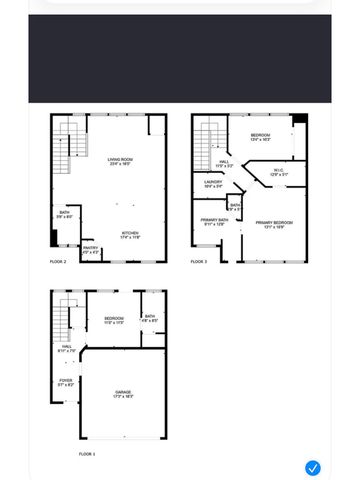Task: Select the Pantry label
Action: coord(91,252)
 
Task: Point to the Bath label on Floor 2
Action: coord(64,214)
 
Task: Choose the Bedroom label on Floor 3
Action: coord(260,136)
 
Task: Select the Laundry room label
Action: coord(213,183)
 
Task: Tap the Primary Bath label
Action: coord(215,222)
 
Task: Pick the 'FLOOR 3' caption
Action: coord(199,262)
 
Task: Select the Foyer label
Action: coord(65,382)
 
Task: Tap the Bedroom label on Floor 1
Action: coord(113,320)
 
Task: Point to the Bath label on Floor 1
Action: coord(149,318)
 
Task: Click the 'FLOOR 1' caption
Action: coord(88,453)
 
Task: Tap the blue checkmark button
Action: coord(313,467)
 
